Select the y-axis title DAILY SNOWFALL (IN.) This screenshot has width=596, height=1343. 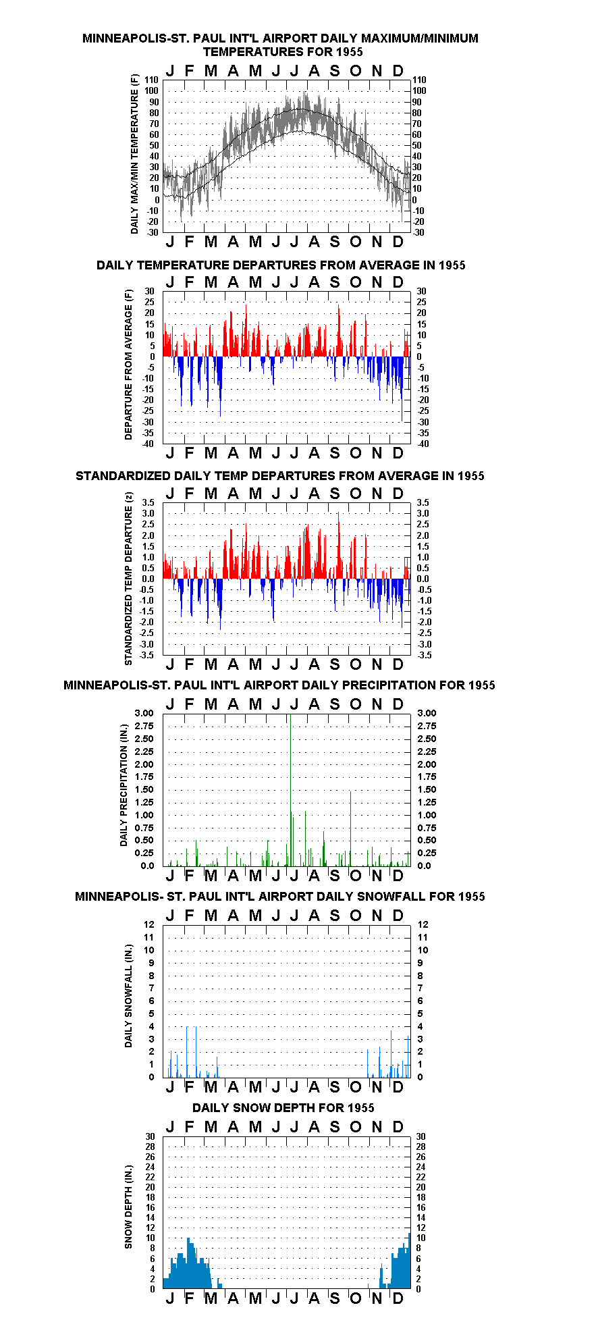click(x=128, y=995)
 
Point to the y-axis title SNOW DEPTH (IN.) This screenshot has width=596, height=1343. click(x=128, y=1207)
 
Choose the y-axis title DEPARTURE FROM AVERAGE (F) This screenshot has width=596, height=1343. click(x=128, y=365)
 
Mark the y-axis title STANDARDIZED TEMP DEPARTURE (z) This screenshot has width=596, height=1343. click(x=128, y=578)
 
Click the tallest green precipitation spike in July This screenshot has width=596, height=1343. click(x=290, y=790)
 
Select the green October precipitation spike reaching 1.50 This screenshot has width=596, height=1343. click(x=350, y=828)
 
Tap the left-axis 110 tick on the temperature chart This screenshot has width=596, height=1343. click(x=151, y=80)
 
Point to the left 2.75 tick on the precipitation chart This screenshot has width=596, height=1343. click(x=144, y=726)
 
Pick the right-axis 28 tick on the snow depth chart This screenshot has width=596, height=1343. click(x=421, y=1147)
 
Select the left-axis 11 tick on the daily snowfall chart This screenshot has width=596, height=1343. click(x=149, y=937)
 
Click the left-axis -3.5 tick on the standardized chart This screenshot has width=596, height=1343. click(x=146, y=655)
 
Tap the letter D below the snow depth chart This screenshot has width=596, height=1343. click(x=398, y=1298)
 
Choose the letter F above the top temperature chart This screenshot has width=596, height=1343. click(x=189, y=71)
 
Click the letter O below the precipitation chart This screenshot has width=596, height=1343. click(x=356, y=875)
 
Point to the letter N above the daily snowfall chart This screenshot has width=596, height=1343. click(x=377, y=916)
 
